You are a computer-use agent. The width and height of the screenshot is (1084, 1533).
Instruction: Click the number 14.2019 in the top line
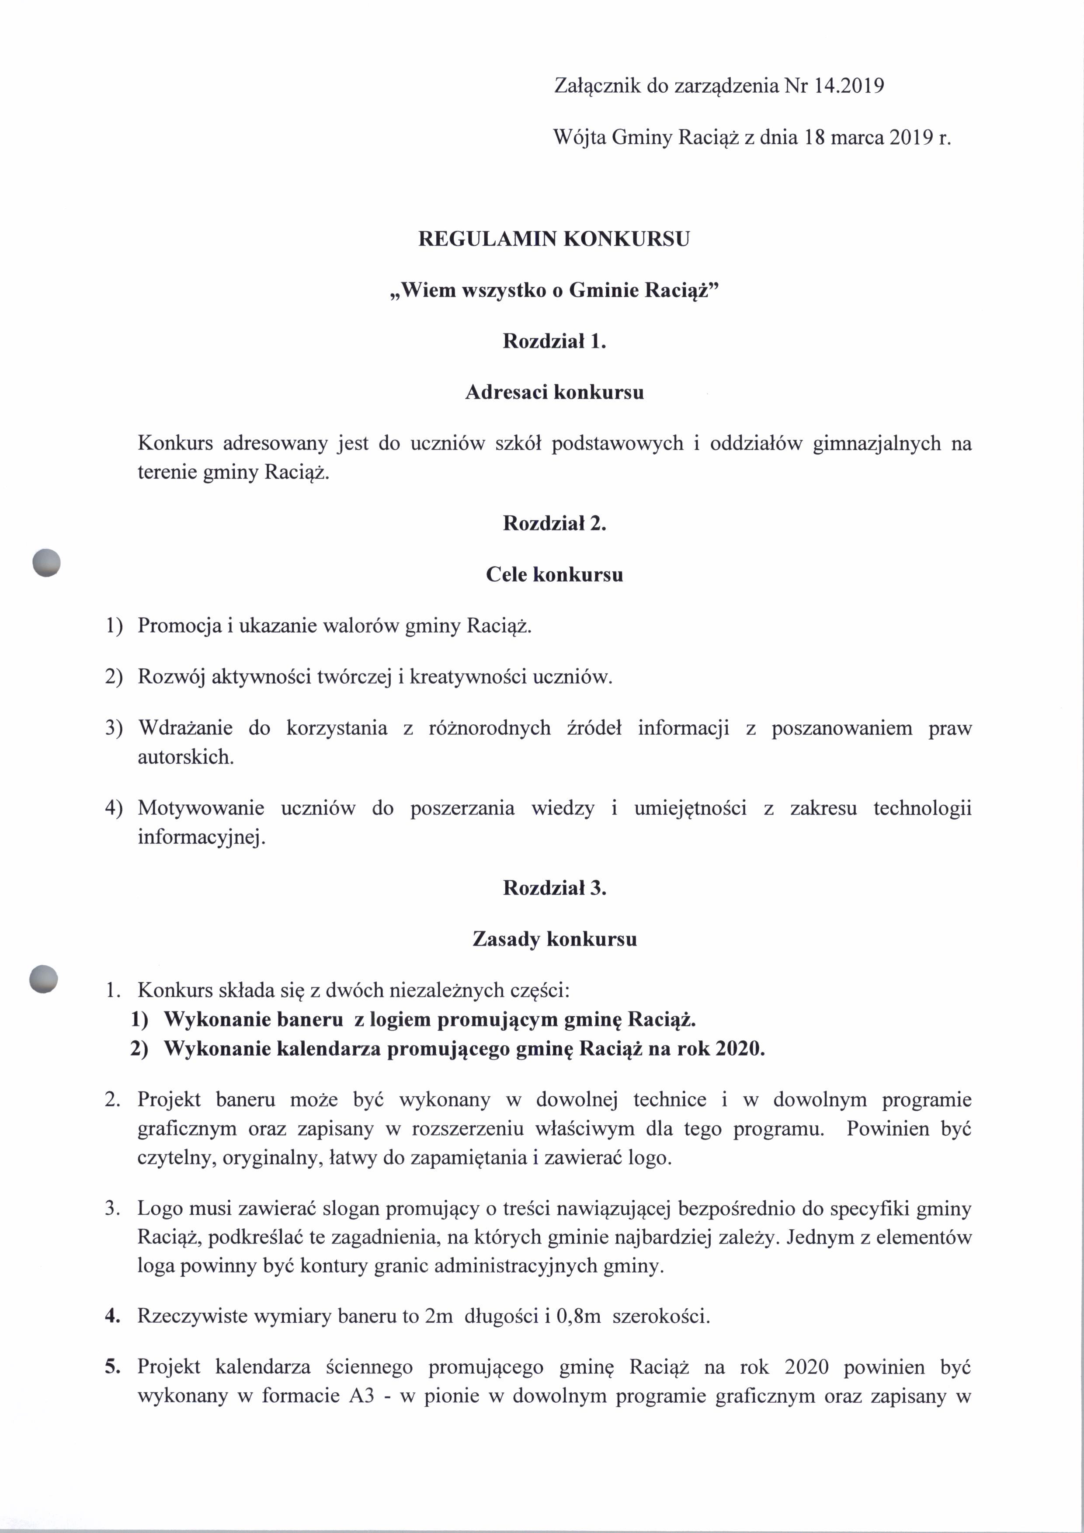[849, 86]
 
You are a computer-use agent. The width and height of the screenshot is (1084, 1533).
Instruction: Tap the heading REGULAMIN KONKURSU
[554, 239]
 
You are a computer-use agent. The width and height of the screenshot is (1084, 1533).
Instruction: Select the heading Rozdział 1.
[554, 341]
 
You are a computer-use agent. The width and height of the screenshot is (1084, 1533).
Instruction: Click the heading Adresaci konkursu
[554, 392]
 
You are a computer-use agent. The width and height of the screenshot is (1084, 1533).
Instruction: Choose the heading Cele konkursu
[554, 574]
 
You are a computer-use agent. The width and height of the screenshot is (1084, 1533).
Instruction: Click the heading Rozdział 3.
[554, 888]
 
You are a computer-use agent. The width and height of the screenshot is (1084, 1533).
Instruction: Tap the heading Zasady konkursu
[554, 939]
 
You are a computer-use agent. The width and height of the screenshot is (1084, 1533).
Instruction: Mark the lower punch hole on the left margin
[44, 980]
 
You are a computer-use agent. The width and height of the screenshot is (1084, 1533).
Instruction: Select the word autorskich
[186, 757]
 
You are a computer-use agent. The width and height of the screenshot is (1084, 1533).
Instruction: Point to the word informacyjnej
[201, 837]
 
